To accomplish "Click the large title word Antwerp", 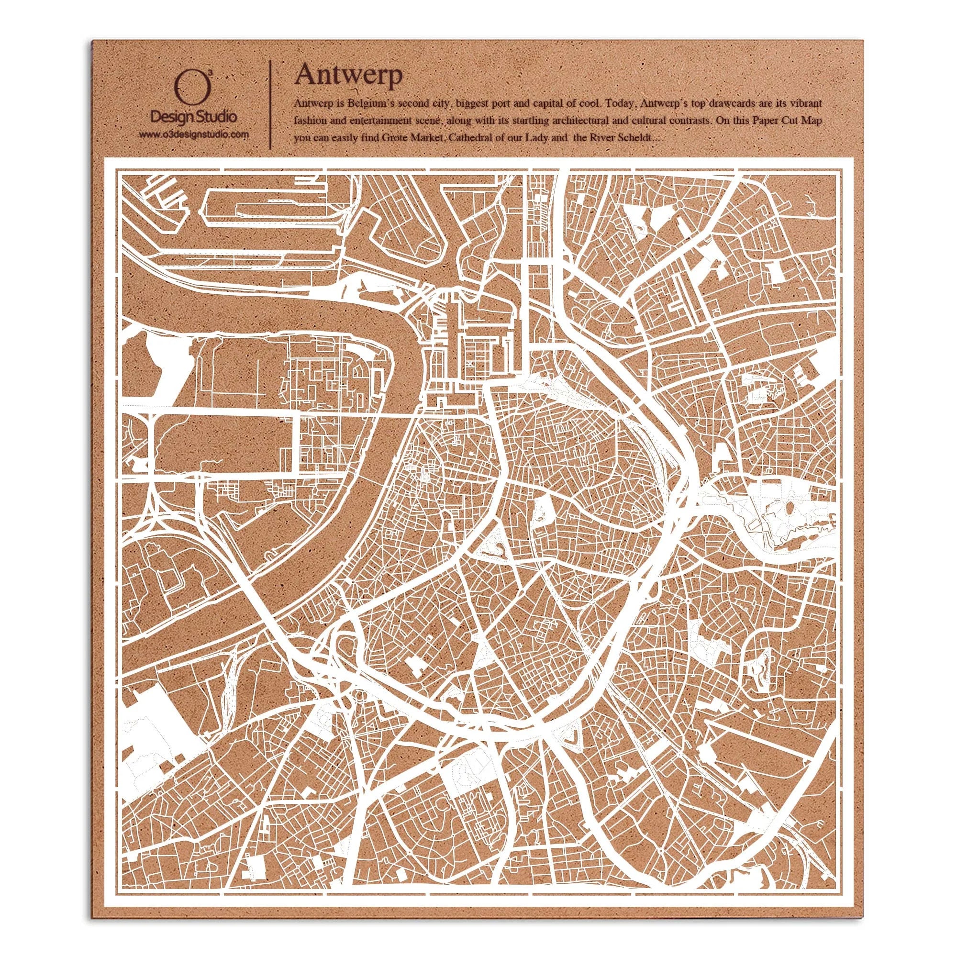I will coord(348,75).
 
